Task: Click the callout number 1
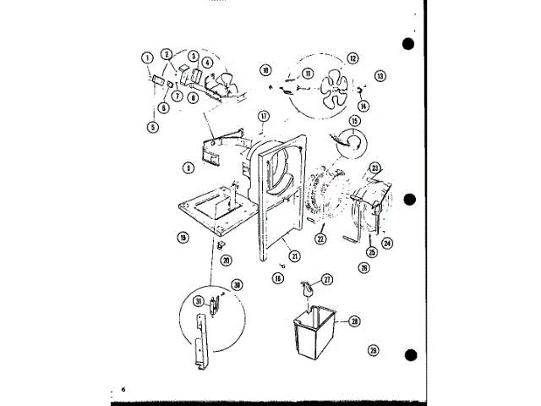[147, 58]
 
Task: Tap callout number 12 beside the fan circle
[352, 58]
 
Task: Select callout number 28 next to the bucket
[355, 321]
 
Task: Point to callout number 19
[183, 238]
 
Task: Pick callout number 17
[264, 115]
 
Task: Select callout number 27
[326, 278]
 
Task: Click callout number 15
[354, 121]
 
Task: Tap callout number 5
[154, 127]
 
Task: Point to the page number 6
[123, 389]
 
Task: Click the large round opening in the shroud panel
[276, 173]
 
